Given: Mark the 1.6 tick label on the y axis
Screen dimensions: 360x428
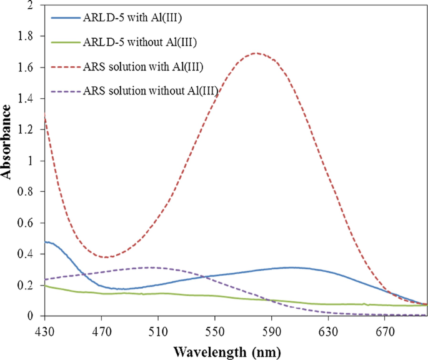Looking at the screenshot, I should point(27,67).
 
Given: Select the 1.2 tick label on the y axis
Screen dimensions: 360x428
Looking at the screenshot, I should point(27,130).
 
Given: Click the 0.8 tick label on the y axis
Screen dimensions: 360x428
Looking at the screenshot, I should point(27,192).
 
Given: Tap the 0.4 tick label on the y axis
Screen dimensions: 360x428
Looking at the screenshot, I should point(27,254).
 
